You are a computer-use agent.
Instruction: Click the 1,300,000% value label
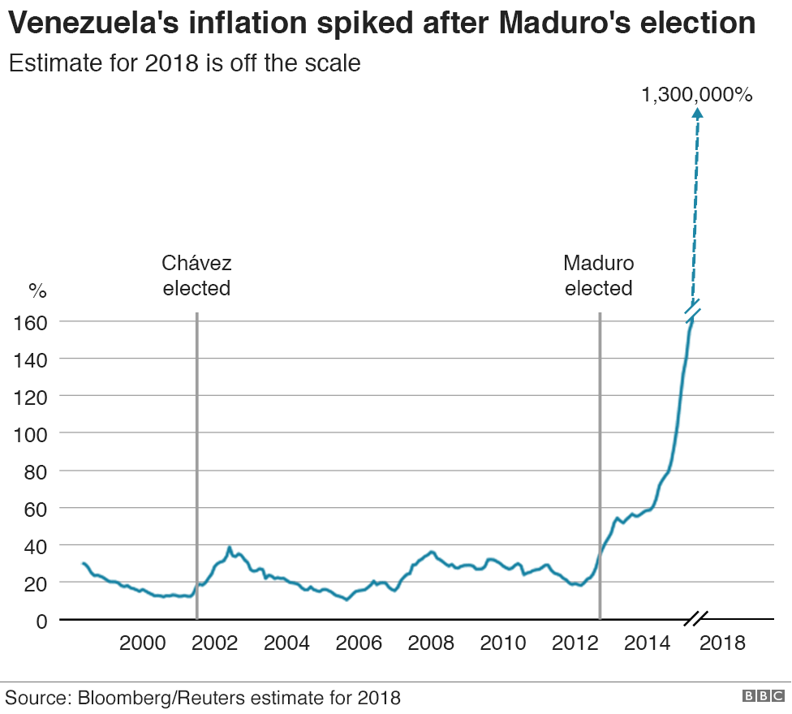click(x=697, y=95)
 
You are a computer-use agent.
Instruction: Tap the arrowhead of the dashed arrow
click(x=697, y=116)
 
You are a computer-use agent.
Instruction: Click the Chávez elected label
click(x=196, y=275)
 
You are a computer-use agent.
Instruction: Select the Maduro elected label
click(x=599, y=275)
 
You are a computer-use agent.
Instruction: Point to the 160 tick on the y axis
click(x=31, y=322)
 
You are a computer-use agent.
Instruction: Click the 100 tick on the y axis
click(x=31, y=434)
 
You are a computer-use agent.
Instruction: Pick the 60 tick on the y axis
click(x=36, y=509)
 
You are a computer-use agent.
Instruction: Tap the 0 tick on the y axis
click(x=42, y=621)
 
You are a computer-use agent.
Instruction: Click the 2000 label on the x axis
click(x=143, y=643)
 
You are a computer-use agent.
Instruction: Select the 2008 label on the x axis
click(x=432, y=643)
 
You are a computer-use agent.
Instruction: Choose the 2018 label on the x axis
click(x=721, y=643)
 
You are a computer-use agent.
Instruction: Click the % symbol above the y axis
click(x=37, y=290)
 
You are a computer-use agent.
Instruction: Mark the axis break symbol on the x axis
click(x=696, y=619)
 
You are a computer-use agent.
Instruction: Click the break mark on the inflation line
click(x=693, y=308)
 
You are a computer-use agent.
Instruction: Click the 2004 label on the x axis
click(x=287, y=643)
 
